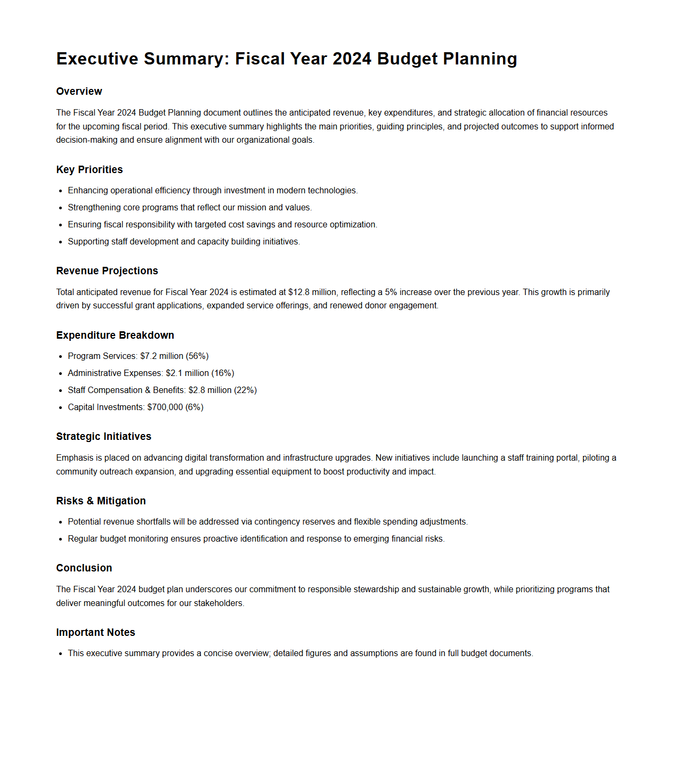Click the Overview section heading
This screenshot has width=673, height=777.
pos(79,91)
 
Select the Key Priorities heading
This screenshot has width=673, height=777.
pos(89,169)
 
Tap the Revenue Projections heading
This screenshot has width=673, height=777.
pos(107,271)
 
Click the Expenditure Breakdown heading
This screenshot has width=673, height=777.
pos(115,335)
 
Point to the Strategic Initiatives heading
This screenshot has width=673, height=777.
pos(103,436)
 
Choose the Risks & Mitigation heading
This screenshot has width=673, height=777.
pos(101,501)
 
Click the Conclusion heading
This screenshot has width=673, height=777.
pos(84,568)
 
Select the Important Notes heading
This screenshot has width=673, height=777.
pos(95,632)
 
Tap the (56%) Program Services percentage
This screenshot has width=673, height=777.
pos(197,356)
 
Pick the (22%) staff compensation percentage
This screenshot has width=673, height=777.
pos(245,390)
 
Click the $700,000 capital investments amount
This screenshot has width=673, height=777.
pos(165,407)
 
